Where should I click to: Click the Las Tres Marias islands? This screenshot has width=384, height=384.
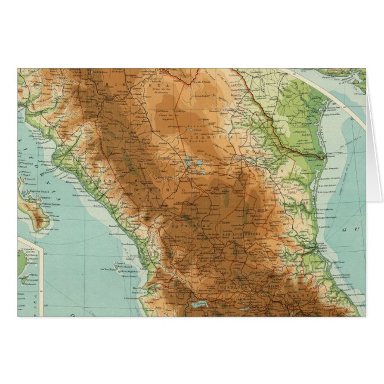click(x=122, y=271)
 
